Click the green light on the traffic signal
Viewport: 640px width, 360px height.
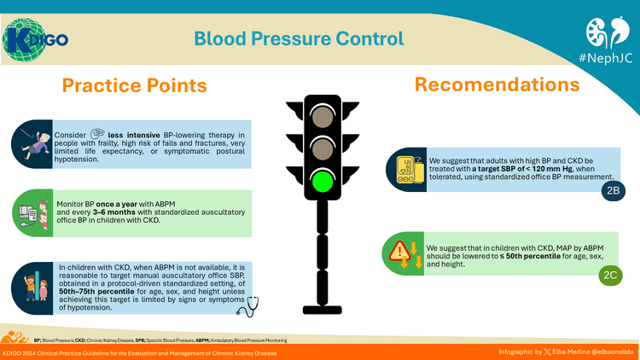tap(321, 183)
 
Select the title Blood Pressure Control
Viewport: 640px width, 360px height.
tap(298, 38)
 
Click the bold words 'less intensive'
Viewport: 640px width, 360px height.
tap(137, 135)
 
